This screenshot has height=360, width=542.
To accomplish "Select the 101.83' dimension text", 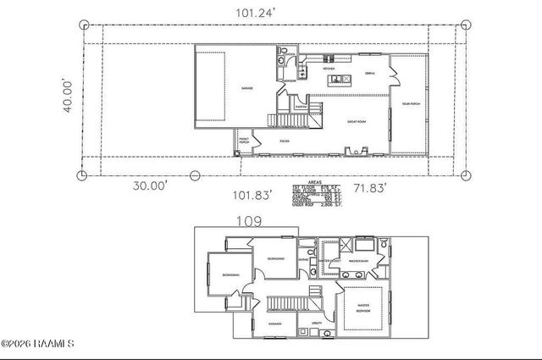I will point(252,195).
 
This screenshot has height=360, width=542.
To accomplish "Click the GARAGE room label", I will point(247,87).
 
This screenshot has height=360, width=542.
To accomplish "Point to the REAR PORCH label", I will point(410,103).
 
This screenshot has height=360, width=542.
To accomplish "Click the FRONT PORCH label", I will point(244,141).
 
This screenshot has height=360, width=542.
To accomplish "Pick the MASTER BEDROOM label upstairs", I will point(362,308).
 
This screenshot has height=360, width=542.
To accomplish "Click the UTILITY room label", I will point(317,324).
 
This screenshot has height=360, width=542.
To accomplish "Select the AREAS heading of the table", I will point(314,181).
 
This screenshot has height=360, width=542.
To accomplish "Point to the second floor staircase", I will point(288,303).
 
